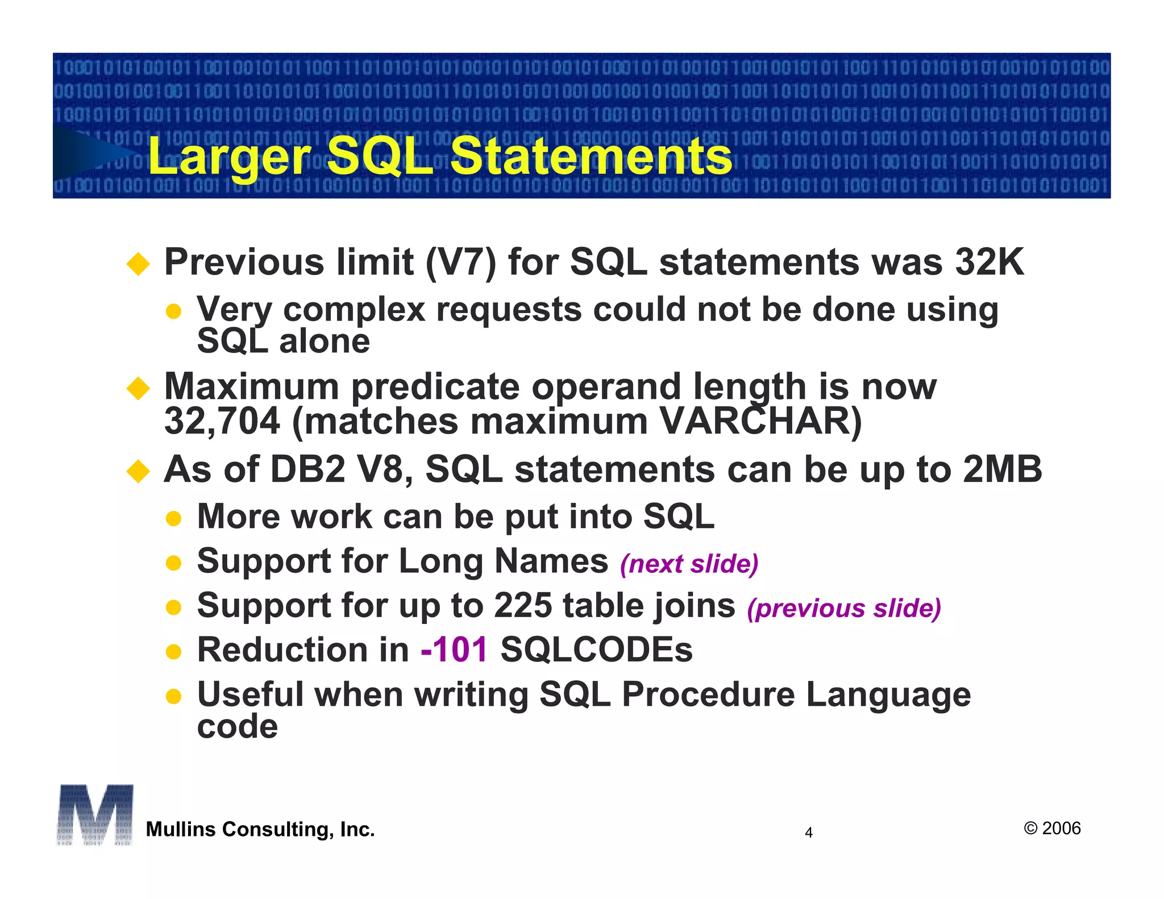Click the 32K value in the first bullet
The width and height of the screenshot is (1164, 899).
(x=990, y=262)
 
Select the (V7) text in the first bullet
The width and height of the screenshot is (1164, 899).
(x=460, y=263)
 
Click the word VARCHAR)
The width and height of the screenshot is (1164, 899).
(x=761, y=422)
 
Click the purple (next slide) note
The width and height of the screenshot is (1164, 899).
(x=689, y=564)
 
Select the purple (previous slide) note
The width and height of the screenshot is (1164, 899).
(x=844, y=608)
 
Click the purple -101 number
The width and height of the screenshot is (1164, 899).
(x=454, y=650)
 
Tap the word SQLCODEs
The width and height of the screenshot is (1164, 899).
(x=596, y=650)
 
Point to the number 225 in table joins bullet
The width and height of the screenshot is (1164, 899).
(x=522, y=605)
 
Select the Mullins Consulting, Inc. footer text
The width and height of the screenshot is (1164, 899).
(x=260, y=829)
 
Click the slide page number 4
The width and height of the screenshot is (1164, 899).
(x=809, y=833)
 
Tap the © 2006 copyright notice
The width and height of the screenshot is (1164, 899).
(x=1052, y=828)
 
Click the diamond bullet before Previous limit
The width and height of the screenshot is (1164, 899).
(x=138, y=264)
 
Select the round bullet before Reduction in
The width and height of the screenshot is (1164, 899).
(x=173, y=651)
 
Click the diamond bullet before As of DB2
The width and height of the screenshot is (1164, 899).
(x=138, y=471)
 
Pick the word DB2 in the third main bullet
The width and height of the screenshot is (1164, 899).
(x=307, y=470)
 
